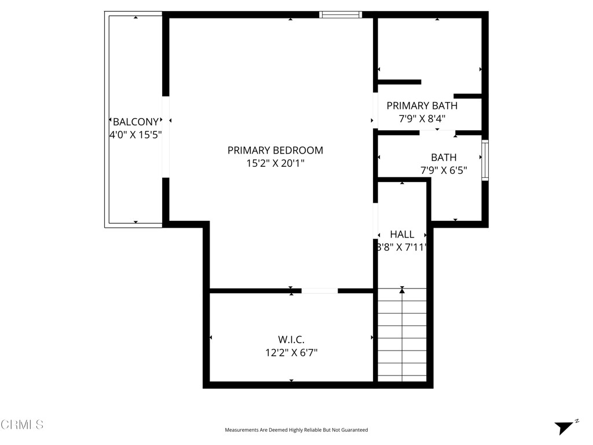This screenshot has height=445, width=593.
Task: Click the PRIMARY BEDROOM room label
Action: click(275, 150)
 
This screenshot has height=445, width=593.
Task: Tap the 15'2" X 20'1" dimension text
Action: click(275, 163)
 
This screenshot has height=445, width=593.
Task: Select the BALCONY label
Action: click(136, 122)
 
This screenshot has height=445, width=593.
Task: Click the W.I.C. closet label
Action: click(291, 339)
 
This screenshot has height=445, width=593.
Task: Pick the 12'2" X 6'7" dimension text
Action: click(291, 352)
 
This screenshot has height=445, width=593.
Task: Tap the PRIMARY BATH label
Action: click(422, 105)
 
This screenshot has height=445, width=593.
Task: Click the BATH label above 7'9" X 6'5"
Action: click(444, 157)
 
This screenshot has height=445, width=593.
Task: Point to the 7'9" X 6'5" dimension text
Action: click(444, 170)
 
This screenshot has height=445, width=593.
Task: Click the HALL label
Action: click(402, 234)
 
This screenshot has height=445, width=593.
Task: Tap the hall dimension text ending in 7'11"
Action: click(402, 247)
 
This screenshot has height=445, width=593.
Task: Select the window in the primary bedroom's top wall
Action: click(341, 14)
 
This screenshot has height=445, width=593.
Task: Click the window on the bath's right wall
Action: click(485, 160)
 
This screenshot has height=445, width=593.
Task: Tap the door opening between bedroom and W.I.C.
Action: click(320, 291)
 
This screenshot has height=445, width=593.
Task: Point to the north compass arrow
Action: click(565, 428)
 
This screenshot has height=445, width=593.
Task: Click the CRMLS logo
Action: click(22, 425)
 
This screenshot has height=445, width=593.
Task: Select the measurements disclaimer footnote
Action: click(296, 430)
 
